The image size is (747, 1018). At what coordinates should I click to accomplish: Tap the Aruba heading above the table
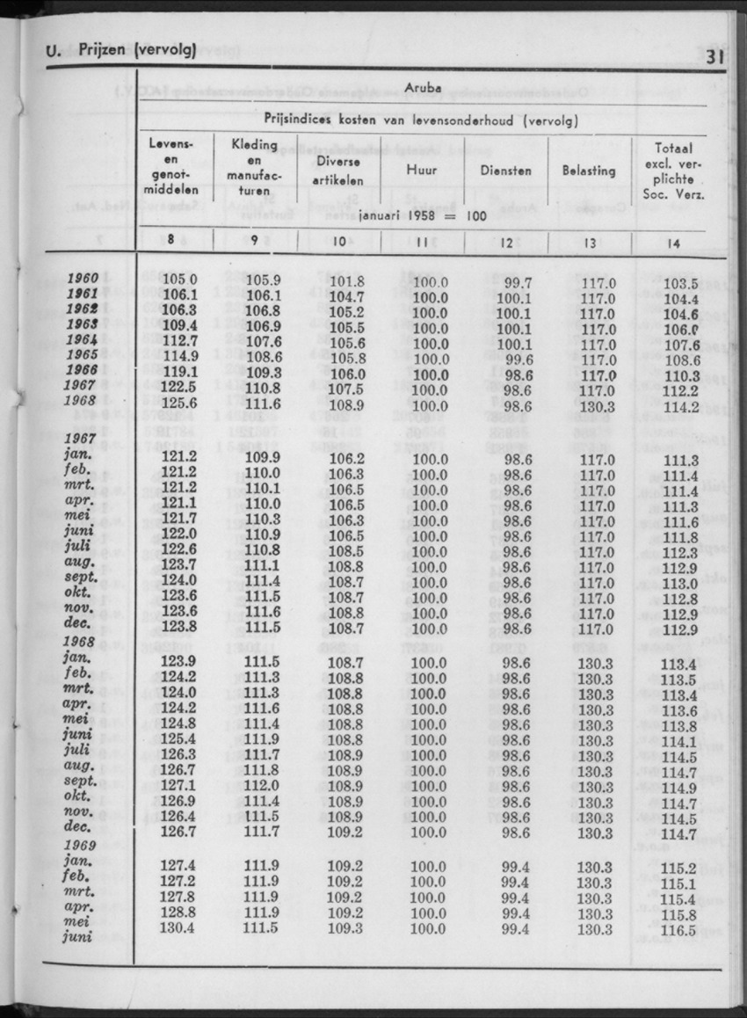424,88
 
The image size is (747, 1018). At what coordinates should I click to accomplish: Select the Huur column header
422,171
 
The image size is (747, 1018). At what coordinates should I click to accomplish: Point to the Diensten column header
506,171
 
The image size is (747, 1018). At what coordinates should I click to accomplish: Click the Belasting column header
589,171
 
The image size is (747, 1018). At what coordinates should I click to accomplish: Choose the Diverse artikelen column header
339,171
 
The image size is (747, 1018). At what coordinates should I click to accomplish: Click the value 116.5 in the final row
678,929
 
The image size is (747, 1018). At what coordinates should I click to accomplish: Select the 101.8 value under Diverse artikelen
345,281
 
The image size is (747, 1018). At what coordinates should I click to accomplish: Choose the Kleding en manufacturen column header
255,167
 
